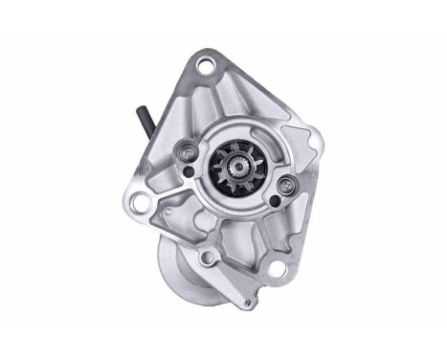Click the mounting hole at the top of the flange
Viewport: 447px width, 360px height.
coord(204,66)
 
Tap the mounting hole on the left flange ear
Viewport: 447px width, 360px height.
coord(140,201)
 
